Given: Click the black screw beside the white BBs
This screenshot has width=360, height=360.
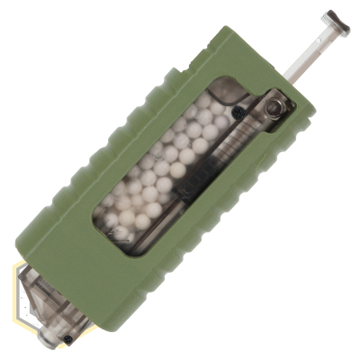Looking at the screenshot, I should [x=238, y=112].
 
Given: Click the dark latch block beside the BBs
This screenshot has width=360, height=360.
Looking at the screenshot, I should [x=193, y=190].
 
